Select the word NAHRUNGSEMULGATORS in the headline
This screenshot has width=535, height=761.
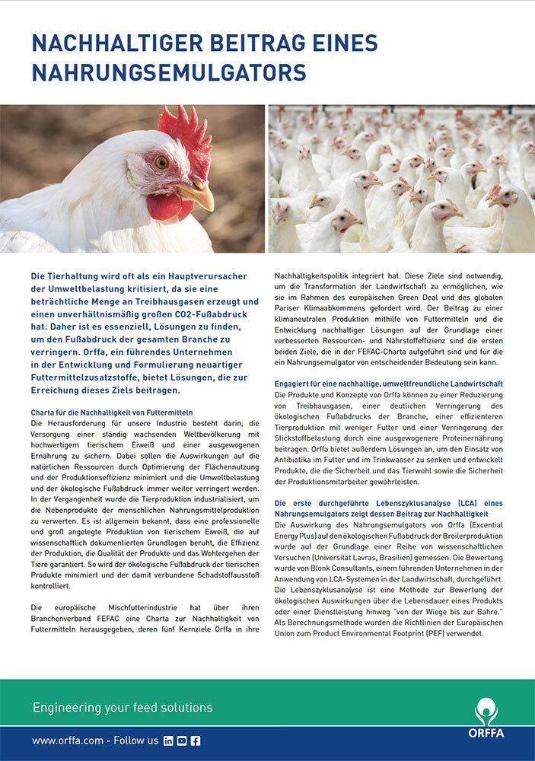point(168,73)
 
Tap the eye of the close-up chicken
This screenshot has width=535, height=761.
point(161,162)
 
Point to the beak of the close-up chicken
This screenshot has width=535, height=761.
point(197,196)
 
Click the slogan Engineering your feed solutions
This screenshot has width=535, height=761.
point(123,708)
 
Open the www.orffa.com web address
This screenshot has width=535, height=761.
point(68,740)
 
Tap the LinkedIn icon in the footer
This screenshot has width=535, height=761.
point(168,740)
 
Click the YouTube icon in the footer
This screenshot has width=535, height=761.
point(182,740)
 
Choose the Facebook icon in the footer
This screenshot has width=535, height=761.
point(196,740)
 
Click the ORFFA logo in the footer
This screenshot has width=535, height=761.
point(486,718)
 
